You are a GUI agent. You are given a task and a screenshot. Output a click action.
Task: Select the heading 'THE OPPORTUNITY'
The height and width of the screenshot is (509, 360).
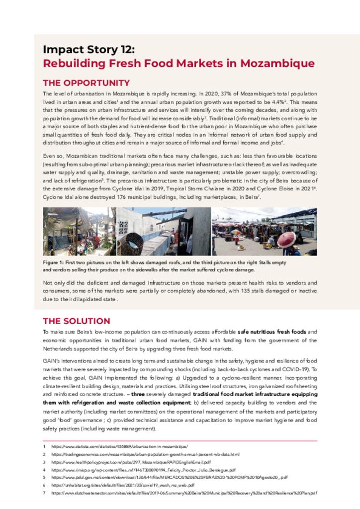click(86, 83)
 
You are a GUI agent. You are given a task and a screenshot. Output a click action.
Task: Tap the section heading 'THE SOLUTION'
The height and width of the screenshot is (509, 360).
click(76, 321)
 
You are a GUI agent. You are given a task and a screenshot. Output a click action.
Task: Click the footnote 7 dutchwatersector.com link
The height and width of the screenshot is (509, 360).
click(184, 493)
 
